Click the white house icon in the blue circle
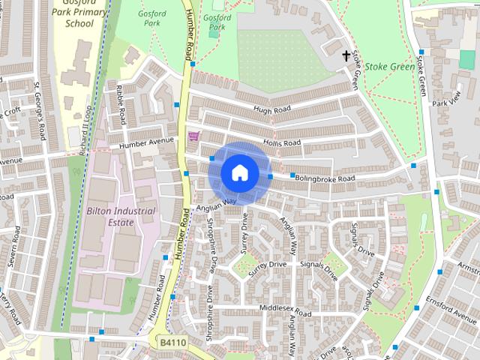[238, 173]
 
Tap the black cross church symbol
[346, 55]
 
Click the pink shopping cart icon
[193, 136]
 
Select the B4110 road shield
[173, 341]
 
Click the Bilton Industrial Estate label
[121, 217]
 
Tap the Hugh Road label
[271, 109]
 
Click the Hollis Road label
[281, 142]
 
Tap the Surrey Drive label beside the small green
[268, 265]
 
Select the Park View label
[450, 102]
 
